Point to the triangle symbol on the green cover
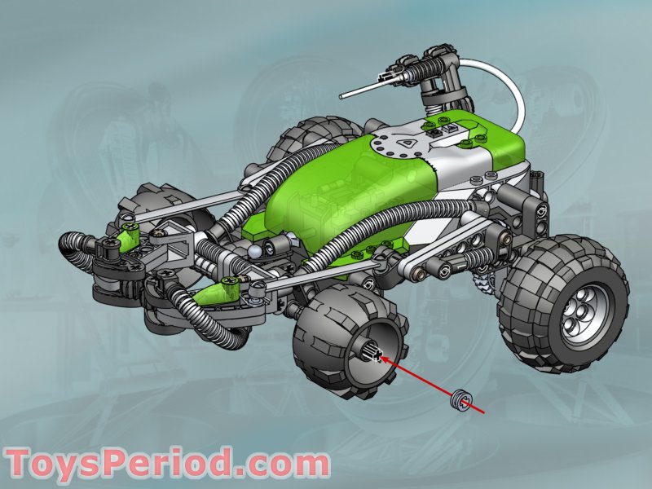click(x=404, y=141)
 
